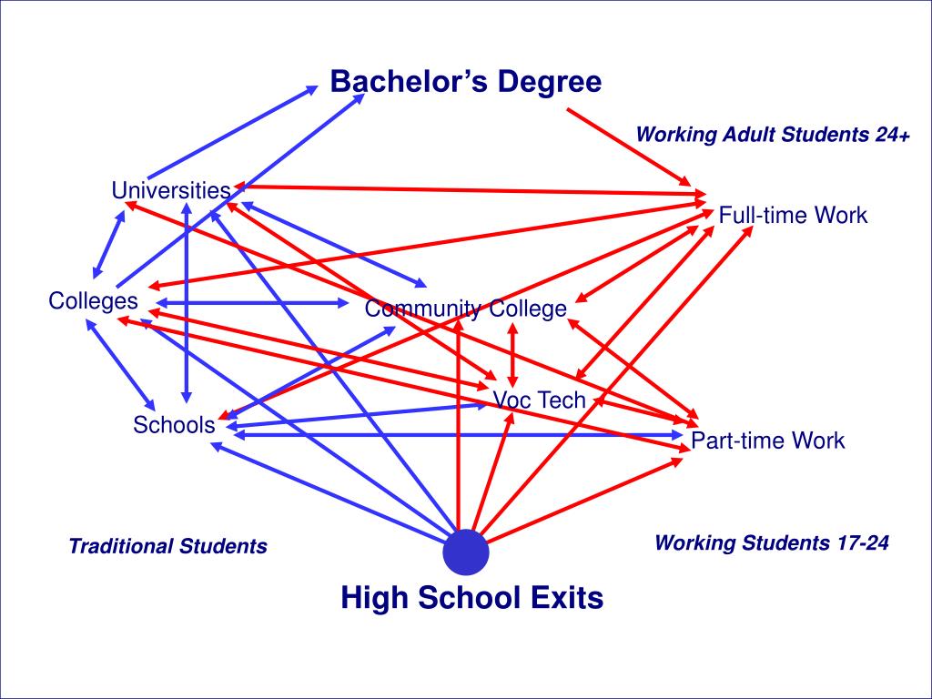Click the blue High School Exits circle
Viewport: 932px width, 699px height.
click(x=466, y=552)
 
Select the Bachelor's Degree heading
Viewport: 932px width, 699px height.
click(x=465, y=82)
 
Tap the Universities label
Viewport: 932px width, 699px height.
click(x=170, y=190)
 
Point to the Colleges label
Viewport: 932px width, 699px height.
click(x=94, y=301)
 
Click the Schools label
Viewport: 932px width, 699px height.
click(x=174, y=424)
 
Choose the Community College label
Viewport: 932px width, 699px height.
click(x=465, y=309)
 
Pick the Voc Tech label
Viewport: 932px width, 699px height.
click(x=539, y=400)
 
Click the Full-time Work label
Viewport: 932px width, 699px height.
click(x=793, y=216)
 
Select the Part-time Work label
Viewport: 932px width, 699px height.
click(x=767, y=441)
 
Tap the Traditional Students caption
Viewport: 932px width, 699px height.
click(x=167, y=546)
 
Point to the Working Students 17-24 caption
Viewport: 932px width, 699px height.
click(x=771, y=543)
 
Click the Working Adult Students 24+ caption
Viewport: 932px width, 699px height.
click(x=773, y=136)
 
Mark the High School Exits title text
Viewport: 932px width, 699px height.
click(x=471, y=598)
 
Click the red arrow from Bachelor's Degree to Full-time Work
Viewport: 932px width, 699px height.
click(x=628, y=146)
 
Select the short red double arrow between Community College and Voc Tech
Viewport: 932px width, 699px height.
click(x=512, y=355)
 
